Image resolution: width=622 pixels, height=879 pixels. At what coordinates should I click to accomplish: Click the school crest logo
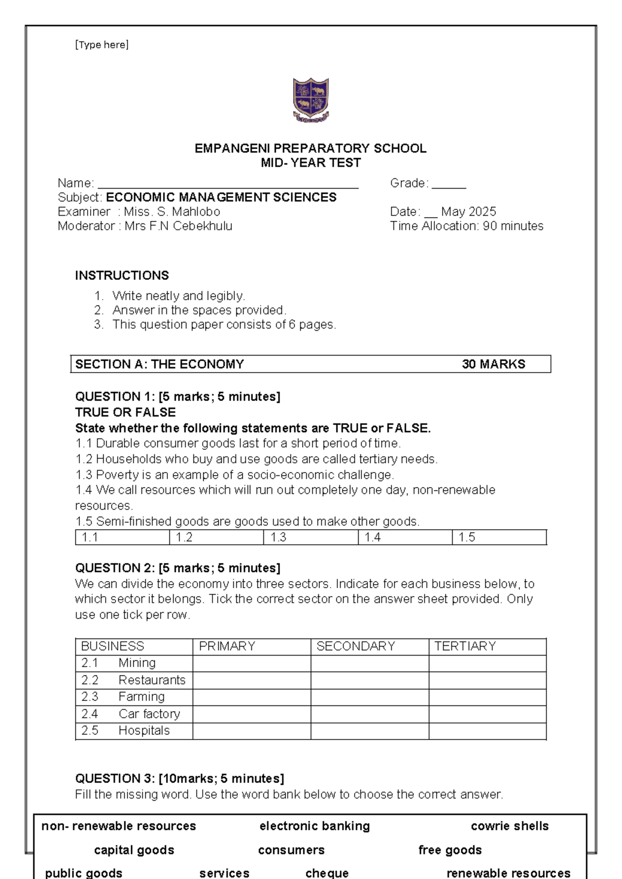click(x=310, y=100)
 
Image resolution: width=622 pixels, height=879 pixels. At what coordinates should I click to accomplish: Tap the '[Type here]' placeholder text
click(x=102, y=45)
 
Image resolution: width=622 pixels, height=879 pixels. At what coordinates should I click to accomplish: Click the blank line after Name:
click(x=228, y=183)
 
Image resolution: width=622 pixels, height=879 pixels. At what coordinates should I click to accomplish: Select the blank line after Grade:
click(x=449, y=183)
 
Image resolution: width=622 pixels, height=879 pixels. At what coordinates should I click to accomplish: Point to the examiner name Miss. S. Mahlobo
click(x=172, y=212)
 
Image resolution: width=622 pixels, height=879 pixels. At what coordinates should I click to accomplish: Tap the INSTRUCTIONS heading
click(x=122, y=275)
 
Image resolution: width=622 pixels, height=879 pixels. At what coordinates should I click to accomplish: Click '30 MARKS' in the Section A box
click(x=493, y=364)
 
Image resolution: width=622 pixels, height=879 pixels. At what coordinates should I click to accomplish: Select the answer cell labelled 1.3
click(x=310, y=537)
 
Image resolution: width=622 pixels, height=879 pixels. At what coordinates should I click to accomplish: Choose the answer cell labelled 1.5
click(x=499, y=537)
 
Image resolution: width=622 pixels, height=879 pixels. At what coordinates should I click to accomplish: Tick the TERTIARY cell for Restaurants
click(x=487, y=680)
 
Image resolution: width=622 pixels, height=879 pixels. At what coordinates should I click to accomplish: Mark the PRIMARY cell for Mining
click(x=251, y=663)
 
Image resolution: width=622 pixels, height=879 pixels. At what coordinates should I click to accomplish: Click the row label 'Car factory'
click(x=149, y=714)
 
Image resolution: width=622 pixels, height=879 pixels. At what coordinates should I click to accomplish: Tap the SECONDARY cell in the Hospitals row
click(x=370, y=731)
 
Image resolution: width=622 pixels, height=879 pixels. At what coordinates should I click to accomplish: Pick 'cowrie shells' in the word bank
click(x=510, y=826)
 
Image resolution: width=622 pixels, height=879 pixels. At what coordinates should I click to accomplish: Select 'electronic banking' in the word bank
click(x=315, y=826)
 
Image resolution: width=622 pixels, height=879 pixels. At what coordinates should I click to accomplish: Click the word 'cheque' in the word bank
click(x=327, y=873)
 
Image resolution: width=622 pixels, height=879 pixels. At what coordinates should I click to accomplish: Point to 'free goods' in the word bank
click(x=450, y=850)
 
